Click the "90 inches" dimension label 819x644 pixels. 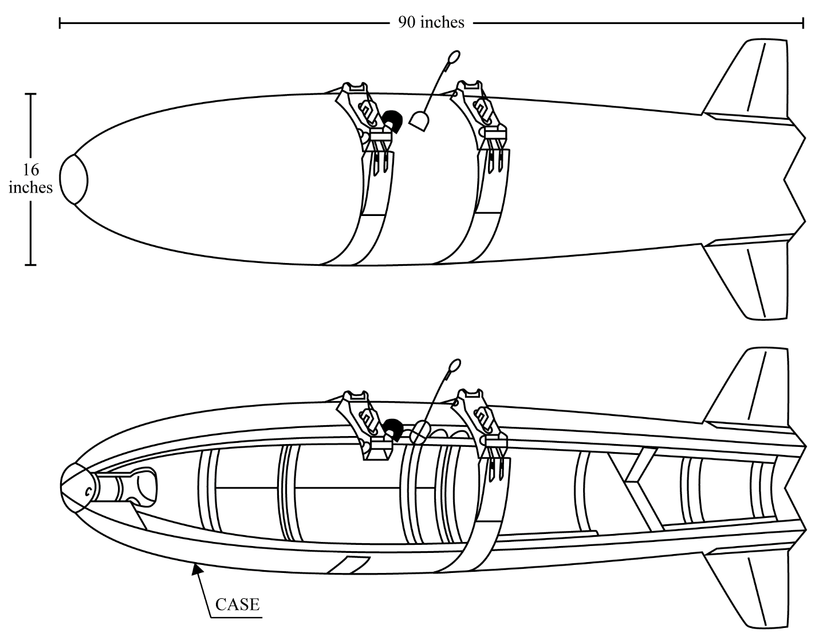click(x=431, y=22)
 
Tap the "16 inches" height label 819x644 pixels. click(x=30, y=179)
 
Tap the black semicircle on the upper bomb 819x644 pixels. click(x=393, y=121)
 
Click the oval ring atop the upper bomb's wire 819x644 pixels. click(x=454, y=57)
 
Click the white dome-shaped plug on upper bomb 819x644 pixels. click(x=419, y=121)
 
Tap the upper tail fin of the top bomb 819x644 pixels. click(x=745, y=80)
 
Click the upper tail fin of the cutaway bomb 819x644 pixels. click(x=745, y=388)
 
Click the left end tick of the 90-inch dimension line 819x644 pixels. click(x=60, y=23)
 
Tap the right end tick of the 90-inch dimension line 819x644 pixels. click(x=803, y=23)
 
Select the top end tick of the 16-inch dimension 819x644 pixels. click(x=30, y=93)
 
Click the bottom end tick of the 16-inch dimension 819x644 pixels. click(x=30, y=265)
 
